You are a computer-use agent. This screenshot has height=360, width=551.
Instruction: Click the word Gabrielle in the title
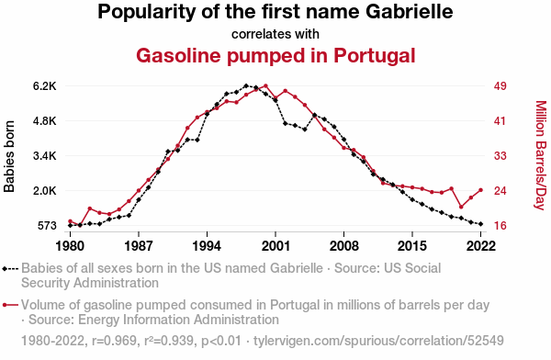click(x=409, y=12)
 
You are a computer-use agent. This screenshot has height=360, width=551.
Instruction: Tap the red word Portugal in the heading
click(x=375, y=56)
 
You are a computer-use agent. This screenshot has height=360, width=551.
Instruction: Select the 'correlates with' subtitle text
click(x=275, y=34)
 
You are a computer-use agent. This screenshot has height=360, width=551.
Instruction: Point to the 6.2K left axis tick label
click(x=45, y=86)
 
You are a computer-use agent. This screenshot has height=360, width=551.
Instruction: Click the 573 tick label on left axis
click(x=47, y=225)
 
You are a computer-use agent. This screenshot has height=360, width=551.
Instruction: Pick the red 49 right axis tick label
click(x=500, y=86)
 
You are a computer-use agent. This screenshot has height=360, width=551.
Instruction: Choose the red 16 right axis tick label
click(x=500, y=225)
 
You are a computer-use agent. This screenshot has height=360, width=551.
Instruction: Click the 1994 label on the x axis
click(x=207, y=246)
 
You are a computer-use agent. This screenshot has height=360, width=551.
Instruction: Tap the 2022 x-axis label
click(x=480, y=246)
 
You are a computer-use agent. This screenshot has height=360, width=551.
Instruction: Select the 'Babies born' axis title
click(x=9, y=156)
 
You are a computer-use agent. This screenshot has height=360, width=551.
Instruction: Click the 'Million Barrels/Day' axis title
click(x=541, y=155)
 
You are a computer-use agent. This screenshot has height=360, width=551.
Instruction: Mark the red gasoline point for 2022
click(x=480, y=190)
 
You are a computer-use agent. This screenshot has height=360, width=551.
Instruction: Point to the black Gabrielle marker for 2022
click(x=480, y=224)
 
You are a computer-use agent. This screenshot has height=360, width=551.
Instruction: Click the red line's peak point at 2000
click(x=265, y=85)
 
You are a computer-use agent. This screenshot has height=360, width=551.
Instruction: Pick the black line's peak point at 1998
click(x=246, y=85)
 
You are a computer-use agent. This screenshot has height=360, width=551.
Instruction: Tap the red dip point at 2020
click(x=461, y=207)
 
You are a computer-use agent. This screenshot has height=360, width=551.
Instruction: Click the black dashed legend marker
click(x=10, y=269)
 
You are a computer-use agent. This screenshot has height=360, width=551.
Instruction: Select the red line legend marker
click(x=10, y=305)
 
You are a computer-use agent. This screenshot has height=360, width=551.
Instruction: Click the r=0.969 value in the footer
click(x=114, y=341)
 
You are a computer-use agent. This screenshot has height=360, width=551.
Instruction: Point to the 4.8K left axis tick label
click(x=45, y=121)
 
